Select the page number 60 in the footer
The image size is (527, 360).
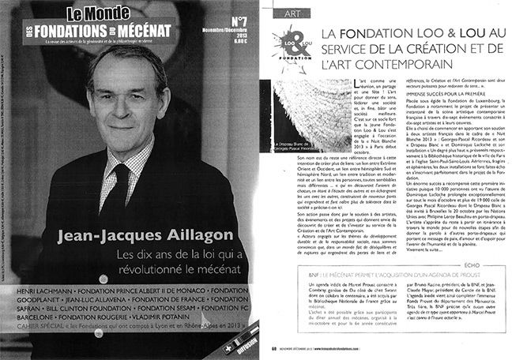coord(273,347)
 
